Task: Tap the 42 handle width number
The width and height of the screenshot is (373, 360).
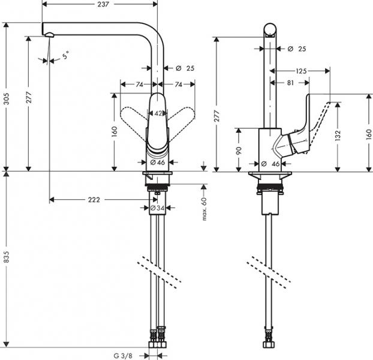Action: [x=158, y=113]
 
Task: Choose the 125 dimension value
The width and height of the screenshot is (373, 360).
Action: [x=301, y=71]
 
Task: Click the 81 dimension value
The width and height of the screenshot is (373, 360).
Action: [x=290, y=83]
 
